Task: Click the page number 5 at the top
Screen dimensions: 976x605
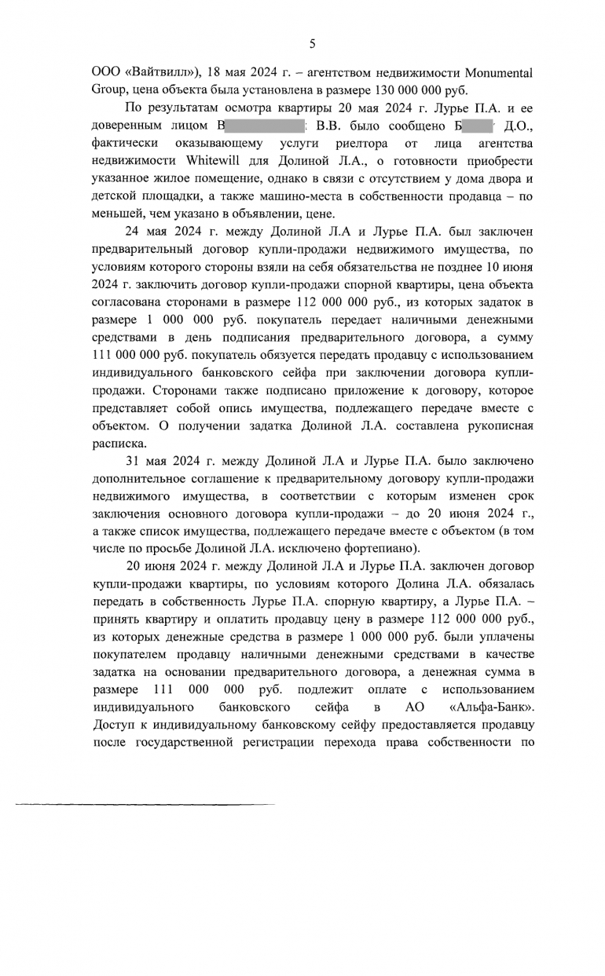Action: coord(312,44)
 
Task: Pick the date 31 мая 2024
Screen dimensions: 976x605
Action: coord(167,459)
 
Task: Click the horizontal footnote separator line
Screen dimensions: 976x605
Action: coord(145,804)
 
